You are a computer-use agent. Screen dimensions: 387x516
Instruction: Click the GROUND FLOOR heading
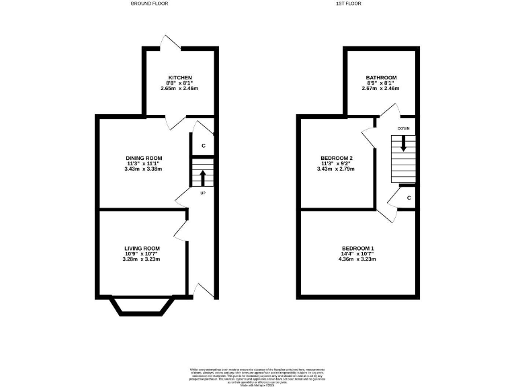tap(149, 3)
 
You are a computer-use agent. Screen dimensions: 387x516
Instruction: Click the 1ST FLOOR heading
tap(349, 3)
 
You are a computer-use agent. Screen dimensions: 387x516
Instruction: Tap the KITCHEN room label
tap(180, 78)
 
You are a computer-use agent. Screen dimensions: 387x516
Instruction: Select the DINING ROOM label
tap(142, 157)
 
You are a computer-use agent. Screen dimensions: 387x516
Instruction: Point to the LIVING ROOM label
tap(142, 249)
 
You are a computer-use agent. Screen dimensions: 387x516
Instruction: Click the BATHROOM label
tap(381, 78)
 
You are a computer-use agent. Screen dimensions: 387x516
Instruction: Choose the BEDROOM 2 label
tap(337, 158)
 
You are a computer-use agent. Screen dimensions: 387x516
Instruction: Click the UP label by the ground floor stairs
tap(202, 193)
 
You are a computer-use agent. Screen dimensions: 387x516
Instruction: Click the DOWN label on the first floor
tap(403, 128)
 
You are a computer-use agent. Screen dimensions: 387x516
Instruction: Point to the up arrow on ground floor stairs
tap(202, 178)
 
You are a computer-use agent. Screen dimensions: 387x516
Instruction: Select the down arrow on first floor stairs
tap(403, 143)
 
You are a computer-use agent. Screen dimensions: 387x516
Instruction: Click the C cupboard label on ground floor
tap(203, 146)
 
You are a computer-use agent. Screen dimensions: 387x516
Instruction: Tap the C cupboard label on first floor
tap(408, 198)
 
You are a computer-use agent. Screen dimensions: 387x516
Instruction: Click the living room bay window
tap(142, 306)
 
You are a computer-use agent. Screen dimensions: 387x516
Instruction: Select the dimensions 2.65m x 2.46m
tap(180, 89)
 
